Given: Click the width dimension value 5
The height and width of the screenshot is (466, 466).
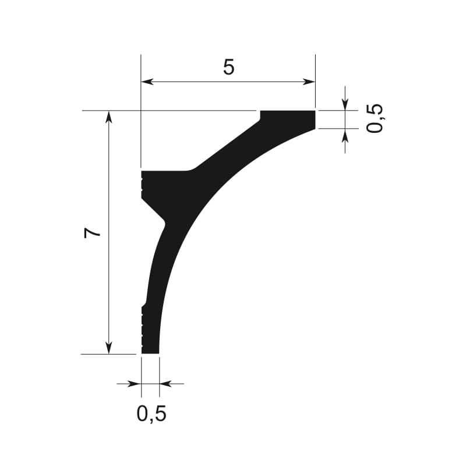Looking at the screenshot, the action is click(x=228, y=67).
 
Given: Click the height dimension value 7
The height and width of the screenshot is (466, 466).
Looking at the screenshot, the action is click(x=92, y=232).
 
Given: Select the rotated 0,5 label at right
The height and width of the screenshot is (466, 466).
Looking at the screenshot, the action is click(x=374, y=118).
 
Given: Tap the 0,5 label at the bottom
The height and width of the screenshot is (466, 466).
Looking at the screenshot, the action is click(x=151, y=414).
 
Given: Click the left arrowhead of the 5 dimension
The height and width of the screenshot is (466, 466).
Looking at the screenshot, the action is click(x=147, y=82).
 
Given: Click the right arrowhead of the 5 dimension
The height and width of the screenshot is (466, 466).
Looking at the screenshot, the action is click(x=309, y=82).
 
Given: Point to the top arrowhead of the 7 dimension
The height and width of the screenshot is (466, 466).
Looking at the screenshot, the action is click(x=109, y=117).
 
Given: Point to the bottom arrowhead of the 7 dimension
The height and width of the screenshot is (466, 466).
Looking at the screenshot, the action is click(x=109, y=348).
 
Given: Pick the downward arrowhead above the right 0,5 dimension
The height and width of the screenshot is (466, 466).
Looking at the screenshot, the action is click(x=345, y=104).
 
